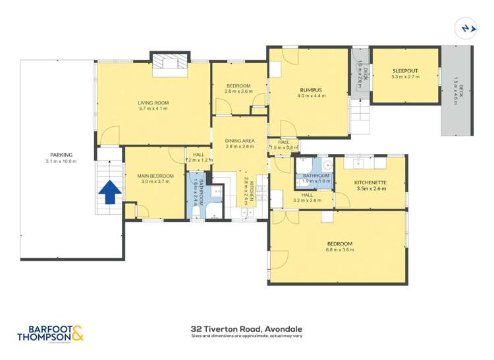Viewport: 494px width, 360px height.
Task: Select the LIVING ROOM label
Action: (153, 103)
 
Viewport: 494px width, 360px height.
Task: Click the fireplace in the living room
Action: (171, 62)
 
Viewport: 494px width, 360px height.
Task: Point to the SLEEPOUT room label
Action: (405, 70)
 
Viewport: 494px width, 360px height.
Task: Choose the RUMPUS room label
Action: (310, 90)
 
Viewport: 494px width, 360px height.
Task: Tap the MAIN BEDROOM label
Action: (155, 176)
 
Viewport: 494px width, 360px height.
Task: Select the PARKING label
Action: (59, 155)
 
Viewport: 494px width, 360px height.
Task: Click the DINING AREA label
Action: (240, 140)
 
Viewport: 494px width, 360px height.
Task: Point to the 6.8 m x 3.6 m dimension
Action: (339, 250)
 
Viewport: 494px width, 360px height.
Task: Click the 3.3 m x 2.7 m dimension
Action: (405, 77)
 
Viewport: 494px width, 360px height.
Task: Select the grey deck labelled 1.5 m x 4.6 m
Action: (456, 91)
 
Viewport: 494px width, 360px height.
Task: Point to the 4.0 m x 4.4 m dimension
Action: (310, 96)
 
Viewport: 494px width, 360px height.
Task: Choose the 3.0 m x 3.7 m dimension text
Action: (155, 182)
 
